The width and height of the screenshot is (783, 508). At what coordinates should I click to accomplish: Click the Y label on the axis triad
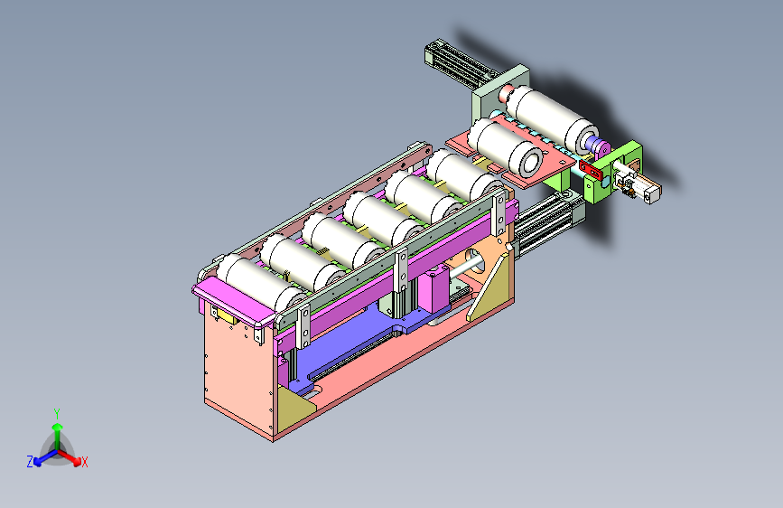point(57,414)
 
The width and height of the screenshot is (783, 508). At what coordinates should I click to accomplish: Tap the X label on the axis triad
point(84,462)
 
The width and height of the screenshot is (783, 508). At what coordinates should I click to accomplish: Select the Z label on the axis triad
point(30,462)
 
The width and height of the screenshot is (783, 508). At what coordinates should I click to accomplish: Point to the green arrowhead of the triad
point(58,427)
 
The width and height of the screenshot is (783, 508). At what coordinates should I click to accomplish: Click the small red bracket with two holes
point(591,170)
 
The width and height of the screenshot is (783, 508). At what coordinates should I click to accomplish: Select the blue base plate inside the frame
point(359,345)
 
